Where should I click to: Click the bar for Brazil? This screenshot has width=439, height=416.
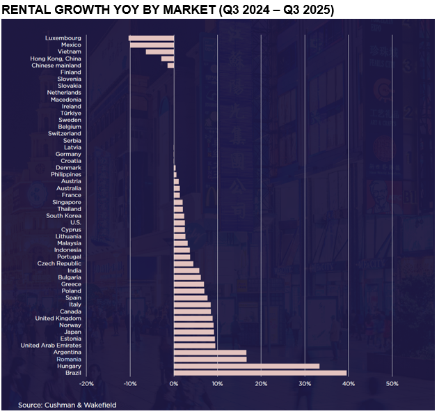260,373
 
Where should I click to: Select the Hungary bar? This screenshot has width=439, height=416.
246,366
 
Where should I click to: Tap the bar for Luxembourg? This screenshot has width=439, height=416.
151,38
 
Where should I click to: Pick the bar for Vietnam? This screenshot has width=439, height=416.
159,52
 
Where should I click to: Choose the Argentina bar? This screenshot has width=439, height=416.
209,353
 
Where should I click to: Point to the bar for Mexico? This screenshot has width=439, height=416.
152,45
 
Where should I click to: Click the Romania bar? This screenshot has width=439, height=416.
209,360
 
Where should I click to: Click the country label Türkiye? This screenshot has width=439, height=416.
70,113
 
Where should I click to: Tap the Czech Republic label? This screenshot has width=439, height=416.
59,263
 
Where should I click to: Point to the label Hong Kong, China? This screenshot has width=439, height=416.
56,59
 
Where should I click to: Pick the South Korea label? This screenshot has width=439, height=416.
63,215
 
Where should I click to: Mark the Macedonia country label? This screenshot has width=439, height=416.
65,100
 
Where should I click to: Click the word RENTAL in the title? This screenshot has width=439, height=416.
26,10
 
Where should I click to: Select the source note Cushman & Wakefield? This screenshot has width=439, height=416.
68,405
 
